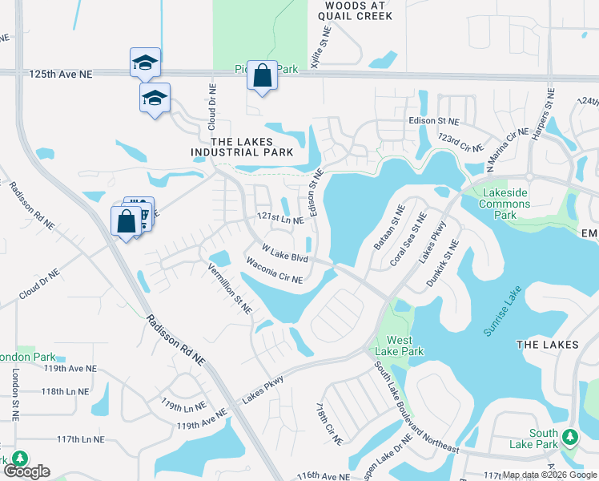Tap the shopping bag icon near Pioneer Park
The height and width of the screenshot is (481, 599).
(262, 77)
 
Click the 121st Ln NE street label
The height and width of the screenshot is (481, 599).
(279, 219)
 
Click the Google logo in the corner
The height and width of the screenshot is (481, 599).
(26, 471)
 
